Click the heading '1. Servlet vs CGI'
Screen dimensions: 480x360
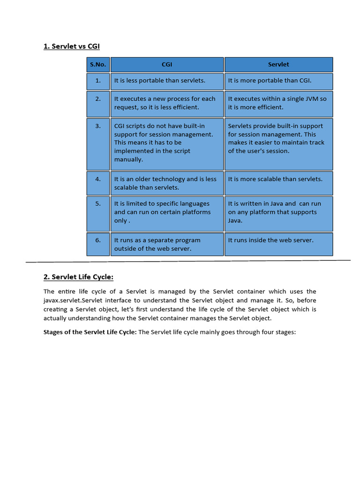(71, 46)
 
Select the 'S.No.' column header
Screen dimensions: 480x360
(98, 64)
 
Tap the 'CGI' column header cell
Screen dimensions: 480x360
(166, 64)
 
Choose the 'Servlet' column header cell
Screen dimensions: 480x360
(278, 64)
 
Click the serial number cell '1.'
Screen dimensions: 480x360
(98, 81)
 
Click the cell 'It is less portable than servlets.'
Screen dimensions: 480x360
(166, 81)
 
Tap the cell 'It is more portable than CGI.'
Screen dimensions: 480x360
(278, 81)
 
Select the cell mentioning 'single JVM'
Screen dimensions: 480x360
(278, 103)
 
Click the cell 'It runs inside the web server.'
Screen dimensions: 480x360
(278, 244)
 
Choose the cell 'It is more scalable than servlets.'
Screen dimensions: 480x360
(278, 183)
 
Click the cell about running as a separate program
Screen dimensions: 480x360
(166, 244)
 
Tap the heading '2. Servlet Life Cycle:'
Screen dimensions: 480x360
(78, 277)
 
